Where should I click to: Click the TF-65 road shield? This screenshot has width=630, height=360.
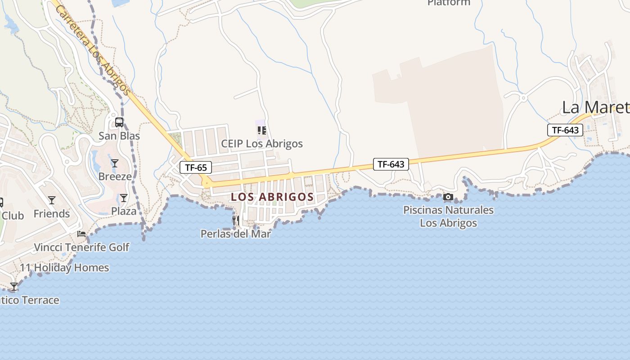click(196, 168)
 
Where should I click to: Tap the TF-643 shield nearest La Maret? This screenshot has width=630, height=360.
click(565, 130)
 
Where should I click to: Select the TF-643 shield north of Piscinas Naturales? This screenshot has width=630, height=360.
click(391, 164)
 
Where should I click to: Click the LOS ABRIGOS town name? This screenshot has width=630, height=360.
click(272, 197)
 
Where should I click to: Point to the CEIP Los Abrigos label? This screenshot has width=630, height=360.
click(262, 144)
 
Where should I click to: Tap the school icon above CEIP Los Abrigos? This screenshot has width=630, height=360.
click(262, 130)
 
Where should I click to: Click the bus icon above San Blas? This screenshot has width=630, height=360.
click(119, 122)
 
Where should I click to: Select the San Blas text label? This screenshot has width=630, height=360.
click(119, 135)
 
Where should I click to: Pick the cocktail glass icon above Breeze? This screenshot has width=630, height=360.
click(115, 163)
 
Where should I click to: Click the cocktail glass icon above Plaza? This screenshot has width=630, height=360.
click(124, 198)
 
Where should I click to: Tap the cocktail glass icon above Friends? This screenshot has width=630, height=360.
click(52, 200)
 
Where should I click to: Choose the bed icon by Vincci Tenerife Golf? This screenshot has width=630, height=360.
click(81, 234)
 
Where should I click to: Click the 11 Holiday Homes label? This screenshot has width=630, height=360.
click(64, 267)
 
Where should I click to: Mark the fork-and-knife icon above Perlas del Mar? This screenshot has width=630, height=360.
click(236, 220)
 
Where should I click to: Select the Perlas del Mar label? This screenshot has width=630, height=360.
click(236, 234)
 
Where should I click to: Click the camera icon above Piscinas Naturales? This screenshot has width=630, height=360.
click(448, 197)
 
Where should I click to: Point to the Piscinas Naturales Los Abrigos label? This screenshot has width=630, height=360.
click(448, 216)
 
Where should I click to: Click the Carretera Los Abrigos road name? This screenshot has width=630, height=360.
click(94, 49)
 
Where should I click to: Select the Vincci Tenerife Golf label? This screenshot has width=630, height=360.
click(81, 247)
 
